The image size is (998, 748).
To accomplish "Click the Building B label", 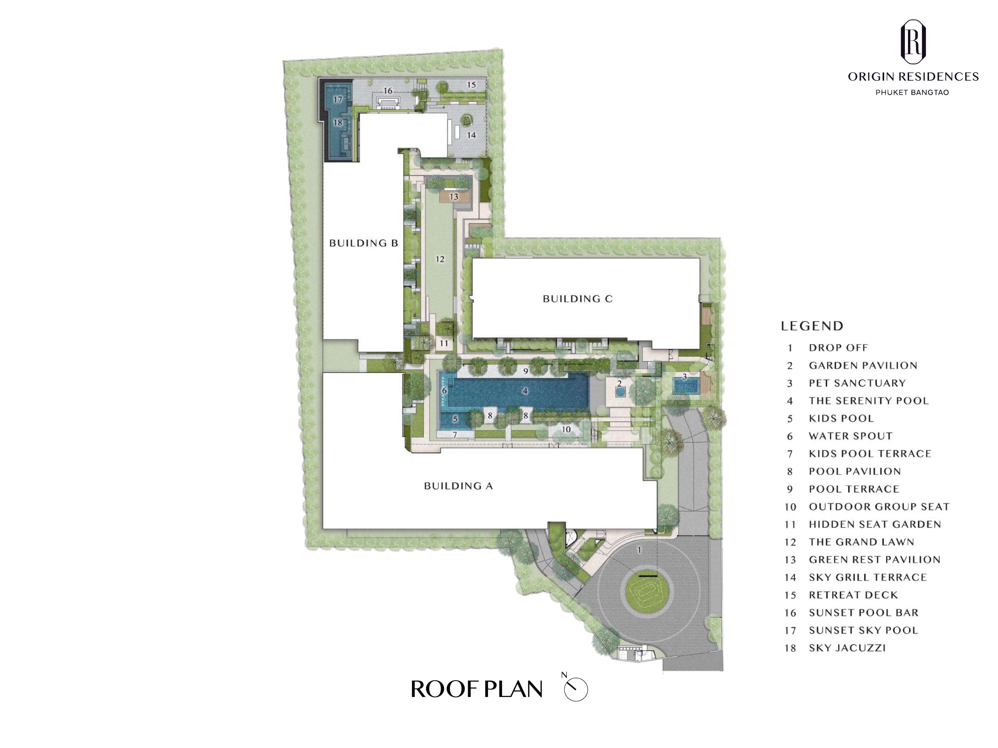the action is point(363,243).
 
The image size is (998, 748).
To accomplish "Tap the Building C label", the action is point(577,298).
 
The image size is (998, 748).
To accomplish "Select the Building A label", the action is point(458,485).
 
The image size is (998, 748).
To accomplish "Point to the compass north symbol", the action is point(576,688).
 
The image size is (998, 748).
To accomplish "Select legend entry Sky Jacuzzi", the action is point(835,648).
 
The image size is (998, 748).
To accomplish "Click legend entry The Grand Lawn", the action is point(849,542).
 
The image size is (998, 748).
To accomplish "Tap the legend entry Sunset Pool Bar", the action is point(851,613).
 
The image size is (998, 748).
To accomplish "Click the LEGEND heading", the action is point(812,326).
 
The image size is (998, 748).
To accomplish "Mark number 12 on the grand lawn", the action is point(440,259).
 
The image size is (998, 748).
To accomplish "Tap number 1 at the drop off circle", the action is point(639,550).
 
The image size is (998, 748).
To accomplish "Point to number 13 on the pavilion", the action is point(454,197).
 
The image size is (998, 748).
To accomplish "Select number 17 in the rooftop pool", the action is point(338,100).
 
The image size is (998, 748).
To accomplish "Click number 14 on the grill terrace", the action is point(471,135).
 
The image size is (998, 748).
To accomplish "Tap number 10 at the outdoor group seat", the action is point(566,429).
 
